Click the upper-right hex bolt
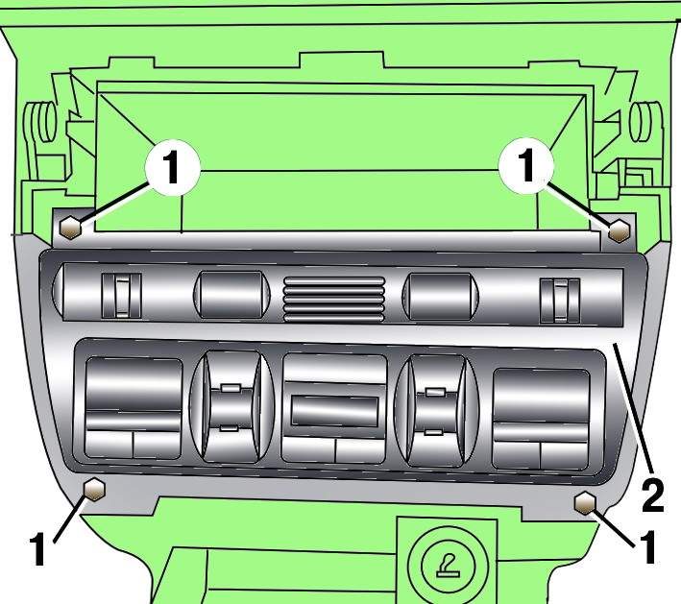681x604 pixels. pos(620,231)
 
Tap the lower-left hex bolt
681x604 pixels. pos(95,490)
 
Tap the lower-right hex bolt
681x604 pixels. pos(585,503)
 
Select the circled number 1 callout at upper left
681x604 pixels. pos(173,168)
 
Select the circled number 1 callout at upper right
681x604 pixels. pos(526,165)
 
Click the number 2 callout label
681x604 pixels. pos(653,495)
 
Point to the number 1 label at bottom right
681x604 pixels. pos(647,547)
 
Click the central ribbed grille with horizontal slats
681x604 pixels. pos(334,300)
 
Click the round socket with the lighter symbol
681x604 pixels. pos(449,564)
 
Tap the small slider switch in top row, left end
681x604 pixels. pos(122,295)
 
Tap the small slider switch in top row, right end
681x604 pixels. pos(560,301)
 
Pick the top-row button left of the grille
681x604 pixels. pos(231,295)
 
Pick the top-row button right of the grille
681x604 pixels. pos(440,297)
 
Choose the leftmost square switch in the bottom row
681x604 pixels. pos(134,408)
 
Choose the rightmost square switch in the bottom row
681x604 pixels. pos(541,420)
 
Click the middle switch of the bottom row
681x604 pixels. pos(334,409)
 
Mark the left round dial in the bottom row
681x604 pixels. pos(232,406)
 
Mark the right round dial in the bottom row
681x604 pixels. pos(436,410)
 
